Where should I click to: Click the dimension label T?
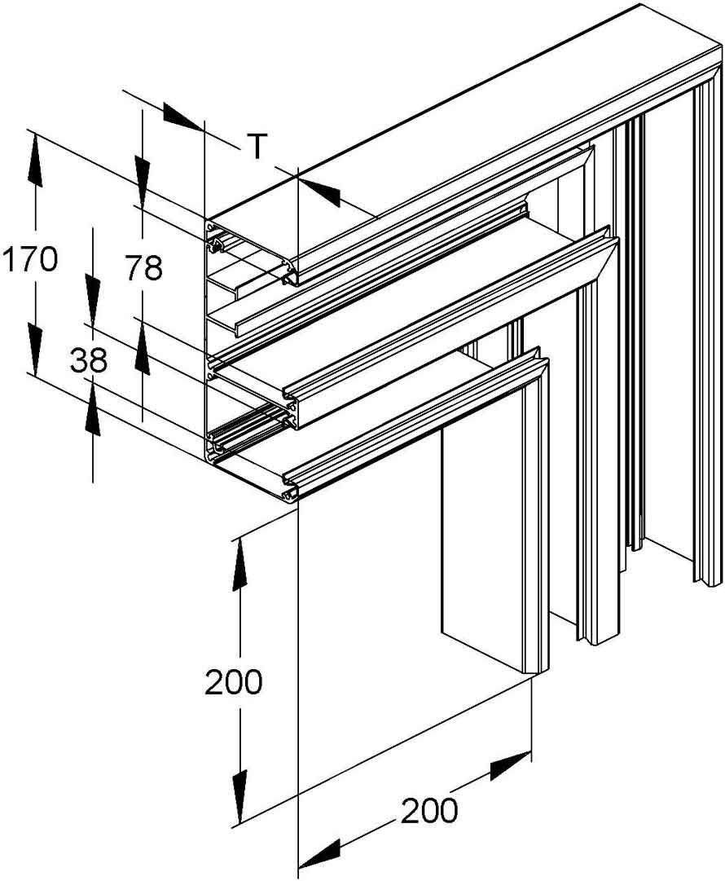tap(257, 146)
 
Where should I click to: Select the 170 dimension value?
tap(29, 260)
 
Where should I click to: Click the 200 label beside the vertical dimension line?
tap(233, 682)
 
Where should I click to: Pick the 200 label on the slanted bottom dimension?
tap(428, 811)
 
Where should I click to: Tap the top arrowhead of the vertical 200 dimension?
tap(239, 563)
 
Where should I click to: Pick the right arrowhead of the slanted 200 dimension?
tap(510, 768)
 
